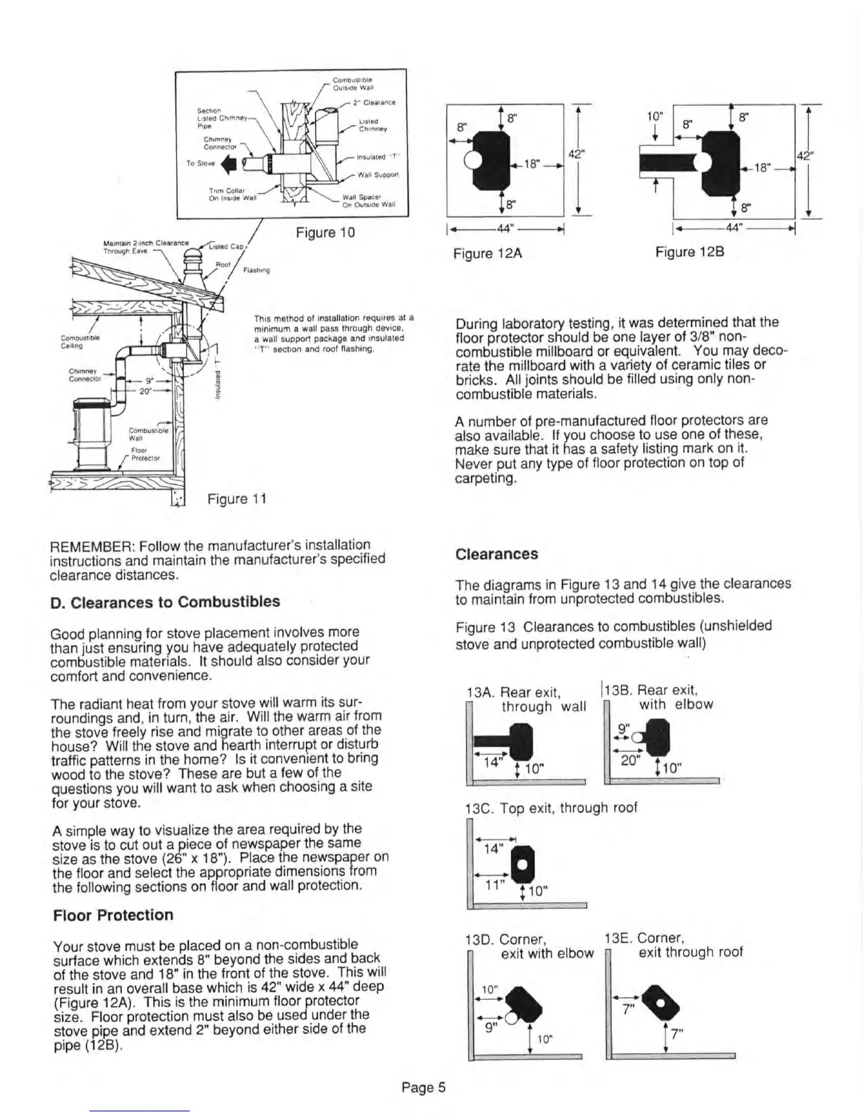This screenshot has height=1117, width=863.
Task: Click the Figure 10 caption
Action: click(x=325, y=233)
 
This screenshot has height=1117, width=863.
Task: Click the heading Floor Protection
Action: click(x=113, y=915)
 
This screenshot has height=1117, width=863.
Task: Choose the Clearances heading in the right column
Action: click(x=496, y=554)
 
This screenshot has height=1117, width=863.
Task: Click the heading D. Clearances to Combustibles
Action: click(x=166, y=602)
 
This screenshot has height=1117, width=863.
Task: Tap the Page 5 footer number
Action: click(x=424, y=1087)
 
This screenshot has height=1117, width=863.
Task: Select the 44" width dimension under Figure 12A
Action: click(x=506, y=228)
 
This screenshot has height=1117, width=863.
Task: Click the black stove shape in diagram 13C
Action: click(x=522, y=864)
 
